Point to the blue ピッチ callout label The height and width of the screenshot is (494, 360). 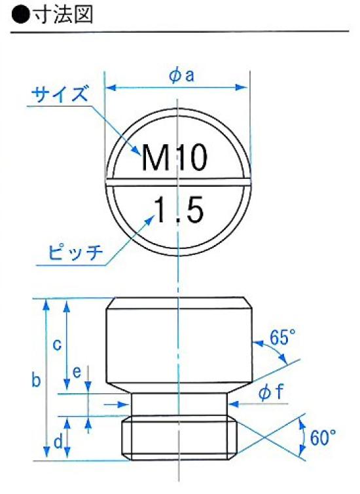pyautogui.click(x=76, y=252)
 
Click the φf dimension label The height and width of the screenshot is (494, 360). pyautogui.click(x=270, y=392)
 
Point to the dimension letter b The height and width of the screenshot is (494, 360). pyautogui.click(x=37, y=380)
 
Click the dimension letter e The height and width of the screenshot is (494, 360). pyautogui.click(x=77, y=372)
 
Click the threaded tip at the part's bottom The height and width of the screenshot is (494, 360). pyautogui.click(x=178, y=438)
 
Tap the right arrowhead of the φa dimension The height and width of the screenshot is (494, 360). pyautogui.click(x=245, y=86)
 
